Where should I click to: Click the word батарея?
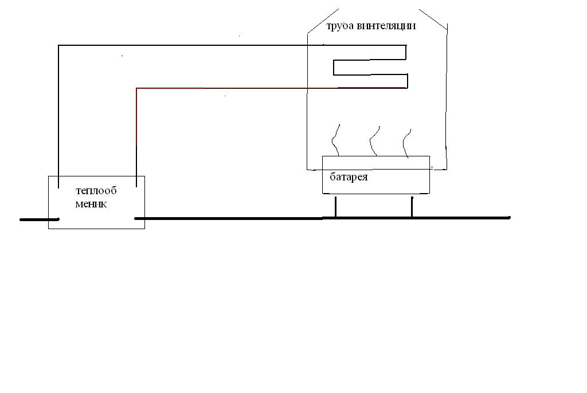click(x=349, y=176)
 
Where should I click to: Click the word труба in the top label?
click(x=341, y=26)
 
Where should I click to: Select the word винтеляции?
click(x=386, y=25)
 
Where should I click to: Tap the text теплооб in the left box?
click(x=96, y=191)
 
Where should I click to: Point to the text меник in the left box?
click(x=91, y=204)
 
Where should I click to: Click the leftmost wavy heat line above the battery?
click(x=335, y=140)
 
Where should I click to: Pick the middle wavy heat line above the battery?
click(x=374, y=141)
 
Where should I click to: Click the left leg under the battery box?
click(x=335, y=206)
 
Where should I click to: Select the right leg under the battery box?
click(x=412, y=206)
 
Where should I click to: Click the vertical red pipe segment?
click(x=136, y=137)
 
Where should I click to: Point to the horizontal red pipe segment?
click(x=271, y=88)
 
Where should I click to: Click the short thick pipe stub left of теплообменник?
click(x=40, y=220)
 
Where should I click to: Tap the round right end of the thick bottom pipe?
click(x=509, y=218)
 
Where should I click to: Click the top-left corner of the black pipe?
click(x=58, y=45)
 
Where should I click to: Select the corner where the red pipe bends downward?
click(x=136, y=88)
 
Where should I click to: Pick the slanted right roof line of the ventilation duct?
click(x=433, y=19)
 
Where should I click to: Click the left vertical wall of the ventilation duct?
click(x=307, y=101)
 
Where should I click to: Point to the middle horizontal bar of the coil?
click(x=370, y=74)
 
